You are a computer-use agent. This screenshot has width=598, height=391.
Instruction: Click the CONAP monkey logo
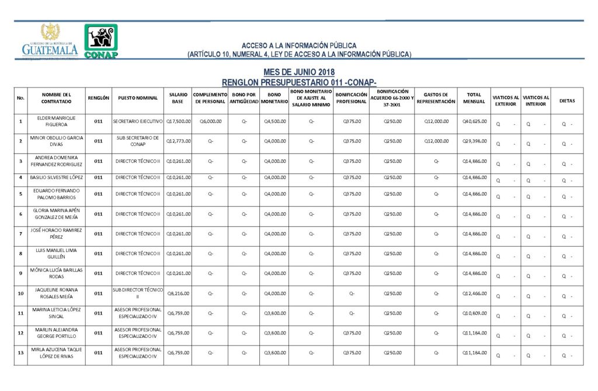(x=101, y=41)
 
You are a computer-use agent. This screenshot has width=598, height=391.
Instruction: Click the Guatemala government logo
(x=50, y=41)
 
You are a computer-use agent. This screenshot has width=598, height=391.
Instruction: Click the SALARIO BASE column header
(x=178, y=98)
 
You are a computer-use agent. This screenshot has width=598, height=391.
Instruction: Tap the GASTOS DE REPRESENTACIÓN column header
(x=436, y=98)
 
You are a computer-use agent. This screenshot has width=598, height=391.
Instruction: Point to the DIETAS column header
(x=566, y=101)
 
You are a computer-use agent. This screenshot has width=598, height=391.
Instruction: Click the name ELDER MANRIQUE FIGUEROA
(x=57, y=121)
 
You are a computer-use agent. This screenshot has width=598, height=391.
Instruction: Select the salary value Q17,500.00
(x=179, y=121)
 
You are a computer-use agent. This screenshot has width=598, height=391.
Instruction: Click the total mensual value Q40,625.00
(x=474, y=121)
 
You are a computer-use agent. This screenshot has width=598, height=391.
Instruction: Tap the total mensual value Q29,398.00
(x=474, y=141)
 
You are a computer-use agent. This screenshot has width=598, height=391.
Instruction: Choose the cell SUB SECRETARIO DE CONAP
(x=138, y=141)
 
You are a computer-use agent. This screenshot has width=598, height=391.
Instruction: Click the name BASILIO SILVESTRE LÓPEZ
(x=57, y=177)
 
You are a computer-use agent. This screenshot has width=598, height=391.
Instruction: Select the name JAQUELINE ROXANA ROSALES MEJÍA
(x=57, y=294)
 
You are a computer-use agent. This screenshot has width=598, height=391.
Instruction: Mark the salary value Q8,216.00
(x=179, y=294)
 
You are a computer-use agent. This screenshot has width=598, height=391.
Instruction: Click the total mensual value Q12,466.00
(x=474, y=294)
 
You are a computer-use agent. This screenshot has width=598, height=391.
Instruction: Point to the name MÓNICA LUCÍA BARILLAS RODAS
(x=57, y=274)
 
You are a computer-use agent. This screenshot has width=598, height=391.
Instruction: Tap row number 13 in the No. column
(x=21, y=353)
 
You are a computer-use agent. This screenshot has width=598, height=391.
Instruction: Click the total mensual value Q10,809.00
(x=474, y=313)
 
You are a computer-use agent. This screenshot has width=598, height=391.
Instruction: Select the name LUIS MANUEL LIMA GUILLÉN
(x=57, y=254)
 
